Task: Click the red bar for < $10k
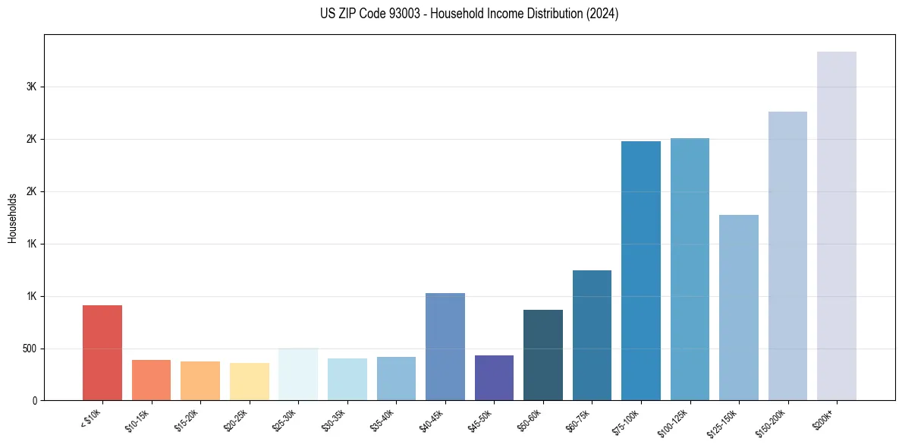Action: [102, 352]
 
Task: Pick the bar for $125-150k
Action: [739, 308]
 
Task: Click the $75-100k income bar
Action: [641, 270]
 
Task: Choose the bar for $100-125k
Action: [690, 269]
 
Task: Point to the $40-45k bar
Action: [445, 346]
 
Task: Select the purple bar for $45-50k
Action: [494, 377]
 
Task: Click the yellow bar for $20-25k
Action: [250, 381]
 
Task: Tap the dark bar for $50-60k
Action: [543, 355]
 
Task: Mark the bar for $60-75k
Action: [592, 335]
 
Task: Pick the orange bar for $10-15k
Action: [152, 380]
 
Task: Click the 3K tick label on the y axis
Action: [31, 87]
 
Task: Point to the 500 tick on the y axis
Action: [28, 349]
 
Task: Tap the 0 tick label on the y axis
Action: [33, 400]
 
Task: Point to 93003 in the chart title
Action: [388, 14]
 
